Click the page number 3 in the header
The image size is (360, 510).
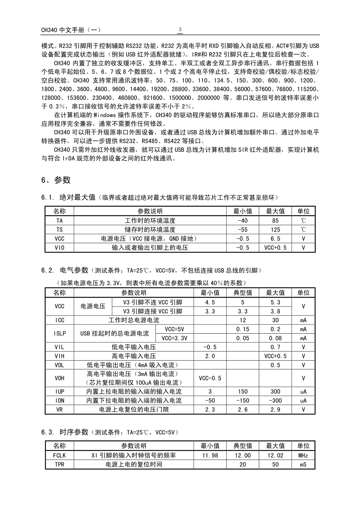[x=180, y=30]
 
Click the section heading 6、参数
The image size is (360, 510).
[x=56, y=180]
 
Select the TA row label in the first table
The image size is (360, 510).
[x=59, y=220]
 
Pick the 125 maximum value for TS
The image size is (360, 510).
[x=275, y=229]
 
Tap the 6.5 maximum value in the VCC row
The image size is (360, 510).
[x=275, y=239]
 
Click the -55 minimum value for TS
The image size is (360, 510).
[x=243, y=229]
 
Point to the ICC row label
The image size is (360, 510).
[x=59, y=320]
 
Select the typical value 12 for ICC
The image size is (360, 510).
[x=243, y=320]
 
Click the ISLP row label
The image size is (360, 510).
[x=59, y=334]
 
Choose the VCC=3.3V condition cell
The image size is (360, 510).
[x=174, y=338]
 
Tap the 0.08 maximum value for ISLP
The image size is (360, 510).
[x=275, y=338]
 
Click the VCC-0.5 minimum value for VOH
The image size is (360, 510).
[x=210, y=378]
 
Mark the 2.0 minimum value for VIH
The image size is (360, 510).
[x=210, y=356]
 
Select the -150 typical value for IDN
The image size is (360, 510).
[x=243, y=400]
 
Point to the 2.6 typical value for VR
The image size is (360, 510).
[x=243, y=410]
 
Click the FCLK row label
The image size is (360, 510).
[x=59, y=455]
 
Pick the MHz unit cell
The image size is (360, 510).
[x=303, y=455]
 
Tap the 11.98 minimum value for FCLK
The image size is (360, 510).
[x=210, y=455]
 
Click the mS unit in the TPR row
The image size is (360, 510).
[x=303, y=464]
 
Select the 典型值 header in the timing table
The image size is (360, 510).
[x=243, y=446]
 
